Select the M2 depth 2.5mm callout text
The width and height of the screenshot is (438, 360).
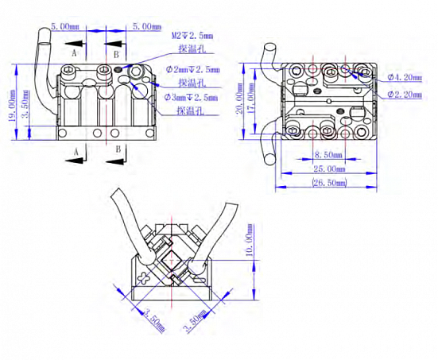[x=192, y=36]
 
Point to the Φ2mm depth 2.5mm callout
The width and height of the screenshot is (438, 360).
[x=192, y=70]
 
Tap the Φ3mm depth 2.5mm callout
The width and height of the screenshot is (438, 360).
[x=191, y=98]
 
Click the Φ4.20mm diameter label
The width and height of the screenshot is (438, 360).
[x=405, y=77]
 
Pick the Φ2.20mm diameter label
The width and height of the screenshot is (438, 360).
[x=405, y=95]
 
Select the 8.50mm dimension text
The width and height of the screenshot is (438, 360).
[x=328, y=154]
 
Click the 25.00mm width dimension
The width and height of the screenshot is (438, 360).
[x=329, y=169]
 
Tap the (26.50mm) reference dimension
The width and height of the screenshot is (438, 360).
[x=329, y=183]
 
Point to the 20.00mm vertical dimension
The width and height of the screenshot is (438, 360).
[x=240, y=99]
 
